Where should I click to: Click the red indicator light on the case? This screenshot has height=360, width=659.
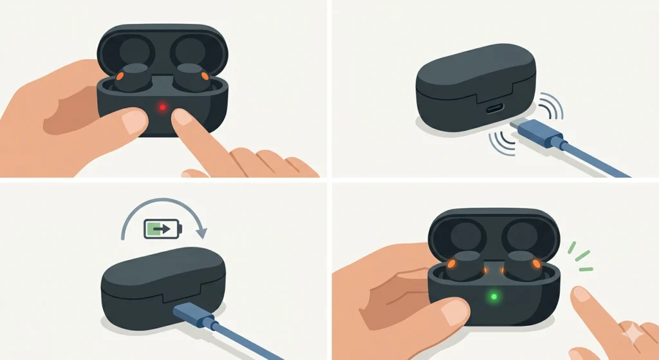pyautogui.click(x=163, y=107)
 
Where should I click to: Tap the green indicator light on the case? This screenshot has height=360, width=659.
pyautogui.click(x=494, y=297)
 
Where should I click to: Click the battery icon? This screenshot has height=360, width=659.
pyautogui.click(x=163, y=228)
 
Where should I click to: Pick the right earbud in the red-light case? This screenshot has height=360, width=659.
pyautogui.click(x=191, y=78)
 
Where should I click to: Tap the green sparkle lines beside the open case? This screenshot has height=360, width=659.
pyautogui.click(x=579, y=255)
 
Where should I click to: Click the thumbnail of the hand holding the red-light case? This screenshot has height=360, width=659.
pyautogui.click(x=135, y=121)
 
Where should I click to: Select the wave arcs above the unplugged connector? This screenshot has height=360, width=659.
pyautogui.click(x=550, y=107)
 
